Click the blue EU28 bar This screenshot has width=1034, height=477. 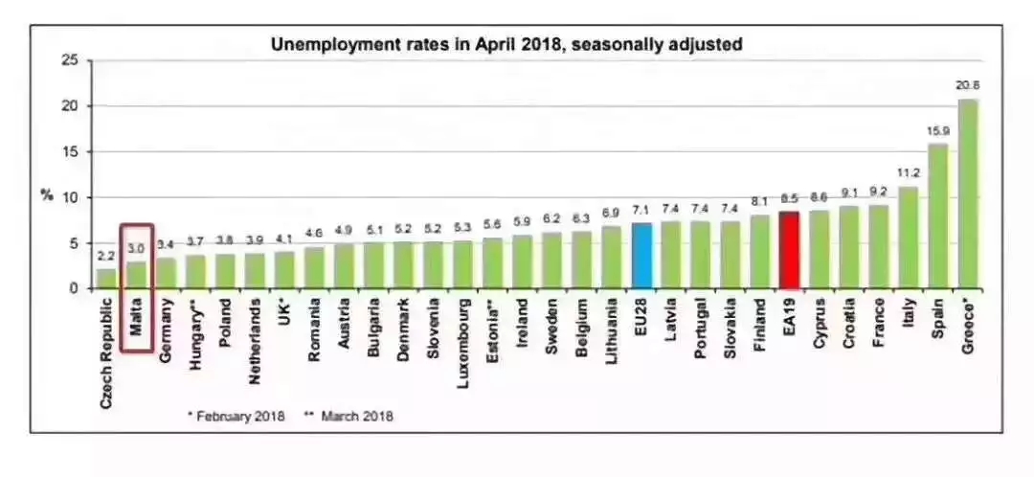(x=641, y=256)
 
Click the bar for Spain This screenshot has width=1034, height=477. (x=938, y=216)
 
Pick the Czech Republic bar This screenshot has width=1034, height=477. (x=107, y=279)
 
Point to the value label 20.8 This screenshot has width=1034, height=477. (x=968, y=86)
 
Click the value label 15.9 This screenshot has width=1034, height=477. (x=938, y=130)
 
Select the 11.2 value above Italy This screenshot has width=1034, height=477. (x=909, y=173)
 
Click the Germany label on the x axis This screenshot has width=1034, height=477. (x=166, y=330)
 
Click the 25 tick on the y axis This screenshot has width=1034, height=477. (x=69, y=60)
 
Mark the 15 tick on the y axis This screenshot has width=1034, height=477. (x=69, y=152)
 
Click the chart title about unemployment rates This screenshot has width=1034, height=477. (x=506, y=43)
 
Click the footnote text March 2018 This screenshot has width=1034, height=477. (x=356, y=416)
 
